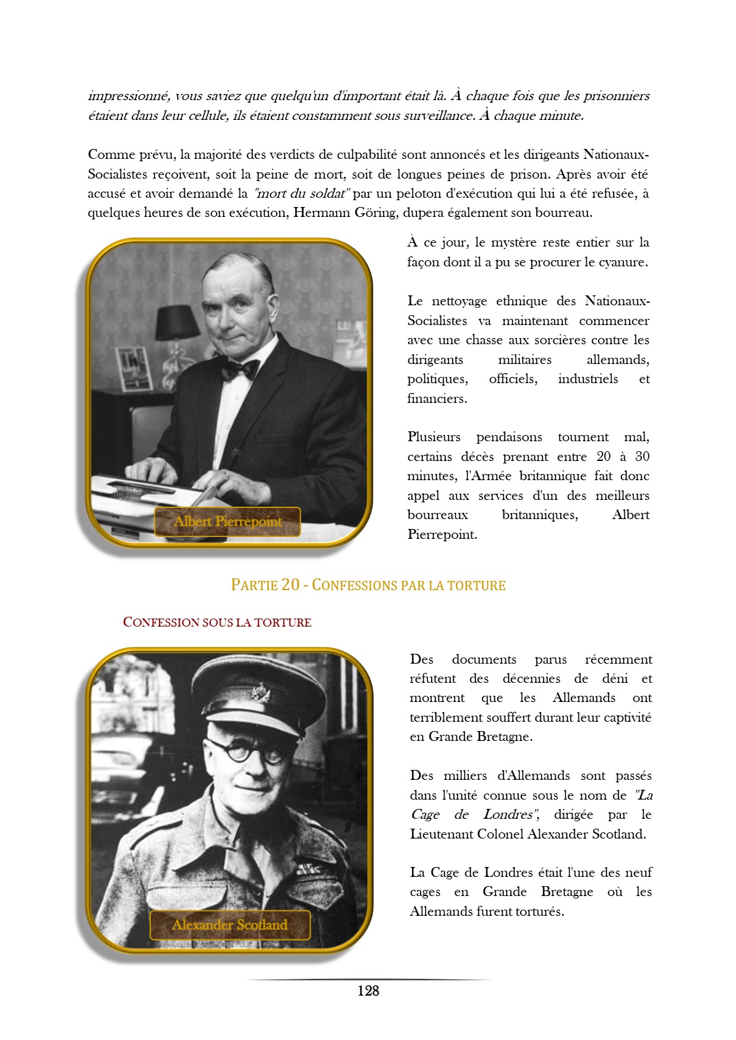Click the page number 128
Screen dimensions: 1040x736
(x=368, y=991)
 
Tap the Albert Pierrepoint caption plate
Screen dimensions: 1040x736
(x=228, y=522)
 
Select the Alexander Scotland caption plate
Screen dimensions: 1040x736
(x=230, y=925)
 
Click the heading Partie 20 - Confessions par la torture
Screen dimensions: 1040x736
(x=368, y=585)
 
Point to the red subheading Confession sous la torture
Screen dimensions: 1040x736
(x=217, y=622)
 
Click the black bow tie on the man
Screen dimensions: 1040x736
(x=240, y=369)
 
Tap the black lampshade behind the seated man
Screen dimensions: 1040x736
(x=177, y=322)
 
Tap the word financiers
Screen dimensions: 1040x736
(x=437, y=399)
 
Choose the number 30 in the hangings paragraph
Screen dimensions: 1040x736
(x=642, y=457)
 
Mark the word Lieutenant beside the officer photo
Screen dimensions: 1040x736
(x=441, y=834)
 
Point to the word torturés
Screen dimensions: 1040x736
(x=538, y=911)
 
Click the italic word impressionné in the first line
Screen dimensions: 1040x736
(x=128, y=96)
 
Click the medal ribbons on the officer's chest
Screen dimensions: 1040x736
(x=308, y=869)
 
